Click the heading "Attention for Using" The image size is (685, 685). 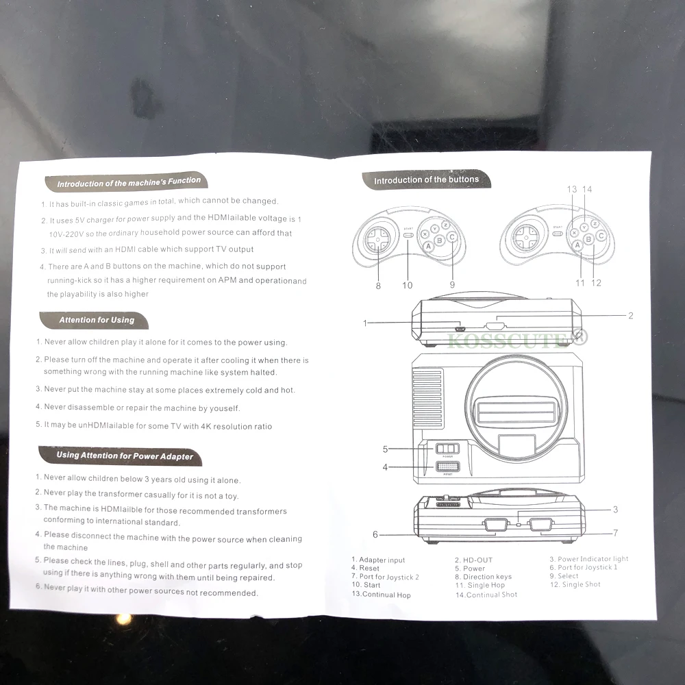click(x=97, y=320)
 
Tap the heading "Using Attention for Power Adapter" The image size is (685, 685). click(x=125, y=456)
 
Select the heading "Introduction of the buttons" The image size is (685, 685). click(x=426, y=180)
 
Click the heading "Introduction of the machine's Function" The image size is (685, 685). click(x=129, y=183)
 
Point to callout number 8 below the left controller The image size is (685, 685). click(x=378, y=286)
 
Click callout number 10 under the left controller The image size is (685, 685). click(x=408, y=285)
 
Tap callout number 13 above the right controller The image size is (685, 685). click(x=572, y=189)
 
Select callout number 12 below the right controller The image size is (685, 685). click(x=596, y=282)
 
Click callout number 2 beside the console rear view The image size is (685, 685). click(x=630, y=316)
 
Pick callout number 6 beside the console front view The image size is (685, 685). click(x=375, y=534)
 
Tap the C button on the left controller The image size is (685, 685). click(x=452, y=238)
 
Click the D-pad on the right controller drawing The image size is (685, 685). click(x=525, y=238)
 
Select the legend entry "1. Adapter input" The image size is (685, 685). click(x=378, y=560)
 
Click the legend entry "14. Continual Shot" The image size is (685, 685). click(x=486, y=595)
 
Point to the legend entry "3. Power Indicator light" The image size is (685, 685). click(x=588, y=559)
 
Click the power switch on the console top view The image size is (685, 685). click(x=447, y=449)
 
